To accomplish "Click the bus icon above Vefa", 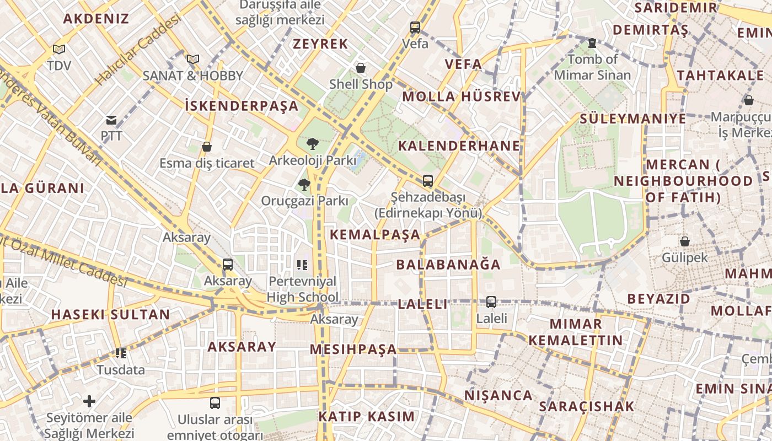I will click(415, 27).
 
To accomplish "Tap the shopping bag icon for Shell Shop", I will click(361, 68).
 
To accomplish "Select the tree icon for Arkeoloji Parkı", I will click(312, 144).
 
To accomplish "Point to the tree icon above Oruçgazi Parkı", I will click(304, 184).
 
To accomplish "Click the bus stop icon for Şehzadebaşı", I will click(428, 180).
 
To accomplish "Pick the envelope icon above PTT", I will click(111, 120).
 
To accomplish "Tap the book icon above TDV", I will click(59, 50).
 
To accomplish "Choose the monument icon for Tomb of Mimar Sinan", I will click(592, 42).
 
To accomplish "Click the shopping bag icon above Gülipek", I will click(684, 241).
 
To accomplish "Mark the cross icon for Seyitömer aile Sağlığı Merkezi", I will click(89, 401).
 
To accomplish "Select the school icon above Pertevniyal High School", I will click(302, 265).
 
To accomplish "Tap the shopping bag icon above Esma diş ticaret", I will click(207, 147).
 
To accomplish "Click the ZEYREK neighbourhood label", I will click(320, 44).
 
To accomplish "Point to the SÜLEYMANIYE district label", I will click(632, 119).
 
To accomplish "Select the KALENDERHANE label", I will click(459, 146).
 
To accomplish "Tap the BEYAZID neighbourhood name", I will click(658, 299).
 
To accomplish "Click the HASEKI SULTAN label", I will click(111, 315).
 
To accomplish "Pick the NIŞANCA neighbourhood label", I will click(498, 395).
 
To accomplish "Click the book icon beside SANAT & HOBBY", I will click(192, 59).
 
